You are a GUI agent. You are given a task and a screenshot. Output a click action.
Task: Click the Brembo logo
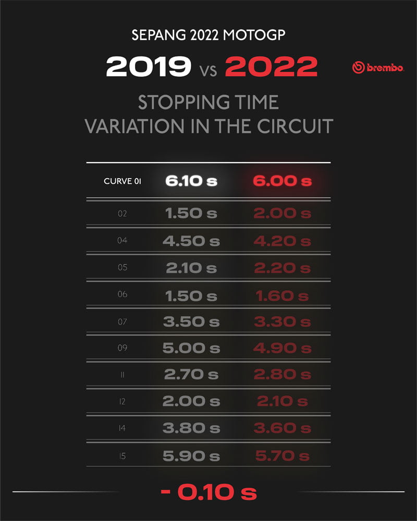tap(377, 68)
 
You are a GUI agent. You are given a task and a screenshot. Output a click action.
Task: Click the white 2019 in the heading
tap(149, 67)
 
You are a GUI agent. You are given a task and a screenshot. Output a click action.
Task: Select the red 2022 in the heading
tap(272, 67)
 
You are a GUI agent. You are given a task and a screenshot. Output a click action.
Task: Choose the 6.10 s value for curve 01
tap(191, 181)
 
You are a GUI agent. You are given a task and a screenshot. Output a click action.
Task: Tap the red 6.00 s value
tap(282, 181)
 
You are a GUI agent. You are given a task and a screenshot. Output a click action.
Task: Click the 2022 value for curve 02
tap(282, 214)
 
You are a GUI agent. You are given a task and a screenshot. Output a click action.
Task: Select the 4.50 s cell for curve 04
tap(191, 241)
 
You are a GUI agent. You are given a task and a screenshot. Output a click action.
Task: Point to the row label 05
tap(122, 268)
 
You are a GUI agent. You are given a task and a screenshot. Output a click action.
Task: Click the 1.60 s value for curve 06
tap(282, 296)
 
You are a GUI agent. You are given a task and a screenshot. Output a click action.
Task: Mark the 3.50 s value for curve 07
tap(191, 322)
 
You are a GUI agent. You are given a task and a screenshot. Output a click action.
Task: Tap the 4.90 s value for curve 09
tap(282, 349)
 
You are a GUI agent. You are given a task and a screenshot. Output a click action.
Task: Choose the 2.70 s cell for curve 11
tap(191, 375)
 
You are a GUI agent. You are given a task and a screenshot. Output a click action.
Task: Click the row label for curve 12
tap(122, 402)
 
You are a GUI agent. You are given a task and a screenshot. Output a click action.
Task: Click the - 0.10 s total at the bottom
tap(208, 492)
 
